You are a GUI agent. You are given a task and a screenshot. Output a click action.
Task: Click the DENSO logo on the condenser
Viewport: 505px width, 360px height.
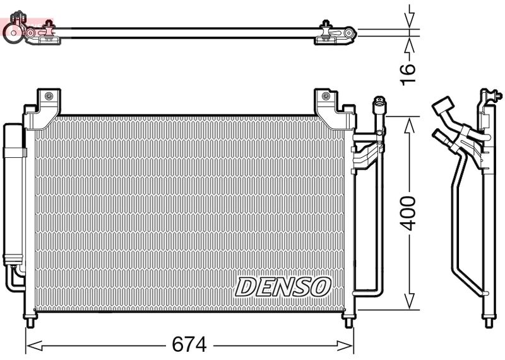click(283, 286)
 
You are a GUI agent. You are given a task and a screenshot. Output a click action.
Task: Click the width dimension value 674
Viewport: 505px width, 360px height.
click(189, 345)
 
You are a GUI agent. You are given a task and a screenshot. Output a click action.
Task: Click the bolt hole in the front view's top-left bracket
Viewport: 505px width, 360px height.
click(47, 97)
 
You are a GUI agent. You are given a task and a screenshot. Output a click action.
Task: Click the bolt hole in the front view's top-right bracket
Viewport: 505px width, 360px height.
click(325, 97)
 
